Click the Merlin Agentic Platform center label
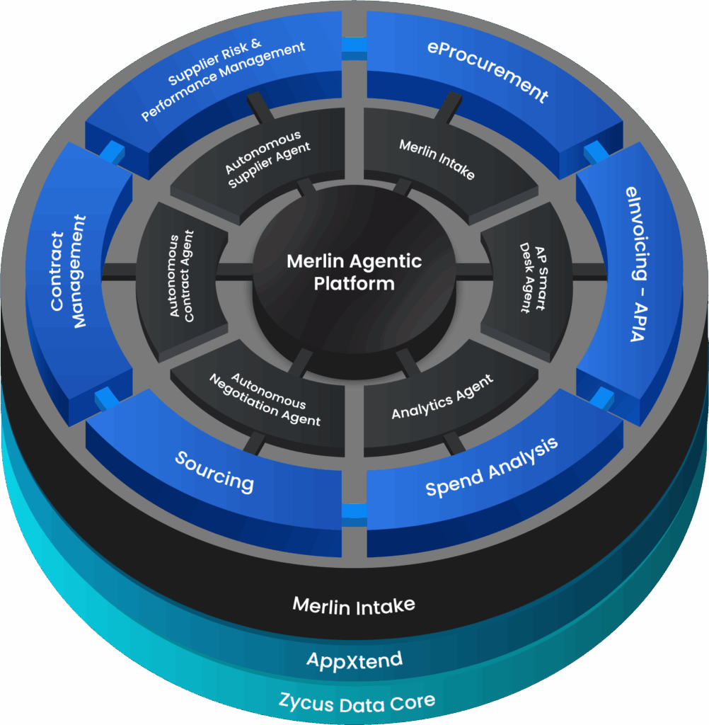pos(354,272)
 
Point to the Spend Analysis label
pos(491,467)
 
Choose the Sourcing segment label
pos(214,471)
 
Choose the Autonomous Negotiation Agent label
pos(265,400)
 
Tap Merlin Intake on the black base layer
pos(354,605)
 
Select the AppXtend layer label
pos(354,661)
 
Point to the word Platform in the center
pos(354,283)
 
